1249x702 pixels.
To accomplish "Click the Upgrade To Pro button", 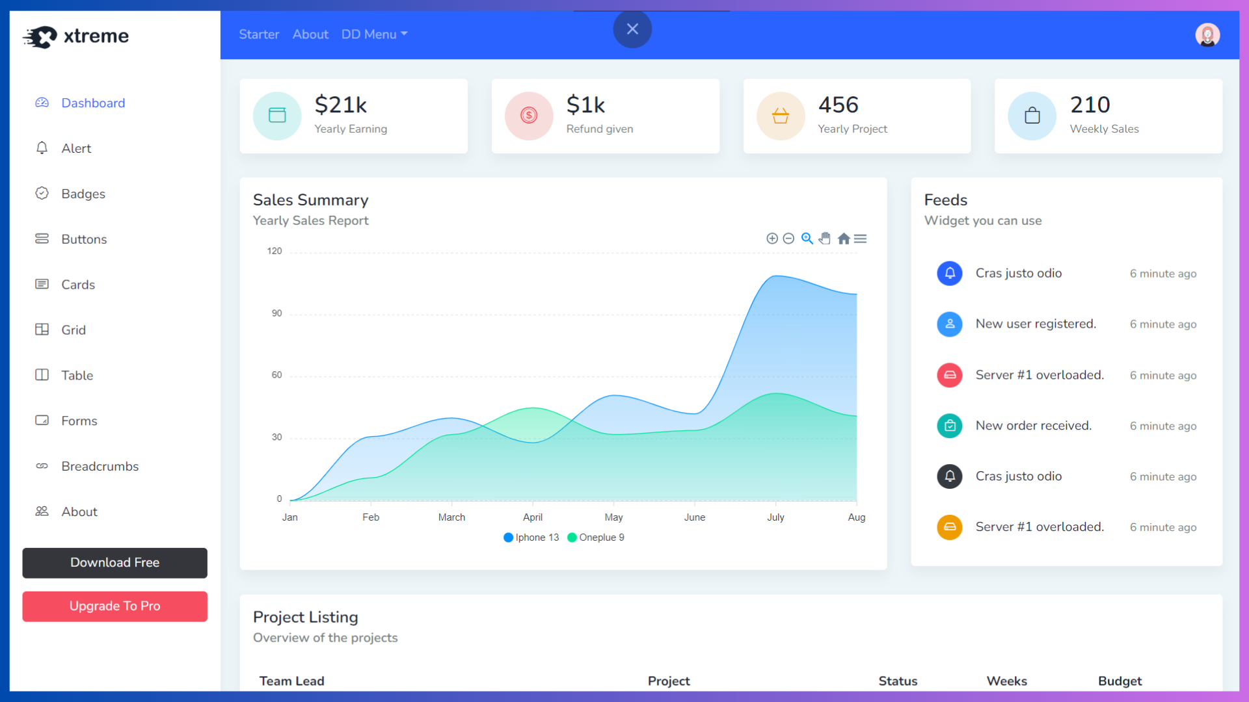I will (114, 606).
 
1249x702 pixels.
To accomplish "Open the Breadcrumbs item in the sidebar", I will (100, 466).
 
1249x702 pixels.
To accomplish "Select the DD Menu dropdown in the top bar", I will (374, 34).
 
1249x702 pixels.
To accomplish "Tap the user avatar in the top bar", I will (1207, 35).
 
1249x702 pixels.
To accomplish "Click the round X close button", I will (632, 29).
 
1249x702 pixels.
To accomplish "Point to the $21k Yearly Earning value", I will (340, 105).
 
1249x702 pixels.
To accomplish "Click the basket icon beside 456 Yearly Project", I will (780, 116).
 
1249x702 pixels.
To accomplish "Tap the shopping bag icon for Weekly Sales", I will (1032, 116).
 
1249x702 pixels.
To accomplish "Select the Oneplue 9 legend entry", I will (596, 538).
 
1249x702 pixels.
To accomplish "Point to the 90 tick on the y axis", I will (276, 313).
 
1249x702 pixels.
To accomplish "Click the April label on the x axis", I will (532, 517).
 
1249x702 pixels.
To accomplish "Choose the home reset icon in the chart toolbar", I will (844, 239).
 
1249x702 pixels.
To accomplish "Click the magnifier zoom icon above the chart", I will (807, 239).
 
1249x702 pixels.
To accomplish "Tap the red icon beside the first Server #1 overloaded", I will (949, 375).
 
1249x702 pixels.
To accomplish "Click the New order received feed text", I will (1033, 426).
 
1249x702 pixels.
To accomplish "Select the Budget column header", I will (1120, 681).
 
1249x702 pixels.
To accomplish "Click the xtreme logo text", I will (96, 36).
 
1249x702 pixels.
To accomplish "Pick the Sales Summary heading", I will (310, 200).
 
